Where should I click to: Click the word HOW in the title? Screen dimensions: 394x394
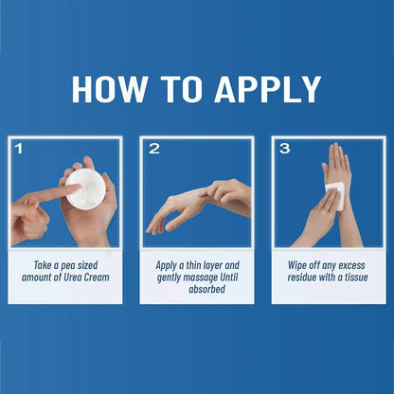109,89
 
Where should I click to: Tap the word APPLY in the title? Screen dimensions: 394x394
268,89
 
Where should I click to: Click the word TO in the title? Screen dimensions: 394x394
181,89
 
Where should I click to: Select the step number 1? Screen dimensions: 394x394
19,149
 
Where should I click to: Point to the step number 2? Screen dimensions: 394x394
154,149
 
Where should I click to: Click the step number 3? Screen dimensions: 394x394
285,149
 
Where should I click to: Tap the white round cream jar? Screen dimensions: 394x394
85,188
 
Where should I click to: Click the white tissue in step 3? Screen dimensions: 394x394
335,195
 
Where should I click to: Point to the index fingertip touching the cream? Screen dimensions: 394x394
77,188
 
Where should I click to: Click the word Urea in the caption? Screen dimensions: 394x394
73,278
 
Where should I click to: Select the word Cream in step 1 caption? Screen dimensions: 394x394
97,278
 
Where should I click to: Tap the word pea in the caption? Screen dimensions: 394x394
68,266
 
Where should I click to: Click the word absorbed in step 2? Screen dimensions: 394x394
206,289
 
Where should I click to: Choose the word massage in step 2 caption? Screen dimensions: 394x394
201,278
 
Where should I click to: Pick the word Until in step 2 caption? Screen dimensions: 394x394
229,278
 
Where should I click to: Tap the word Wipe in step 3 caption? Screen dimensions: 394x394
296,265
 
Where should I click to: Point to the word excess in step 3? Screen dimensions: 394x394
351,266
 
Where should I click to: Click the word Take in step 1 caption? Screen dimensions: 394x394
43,265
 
